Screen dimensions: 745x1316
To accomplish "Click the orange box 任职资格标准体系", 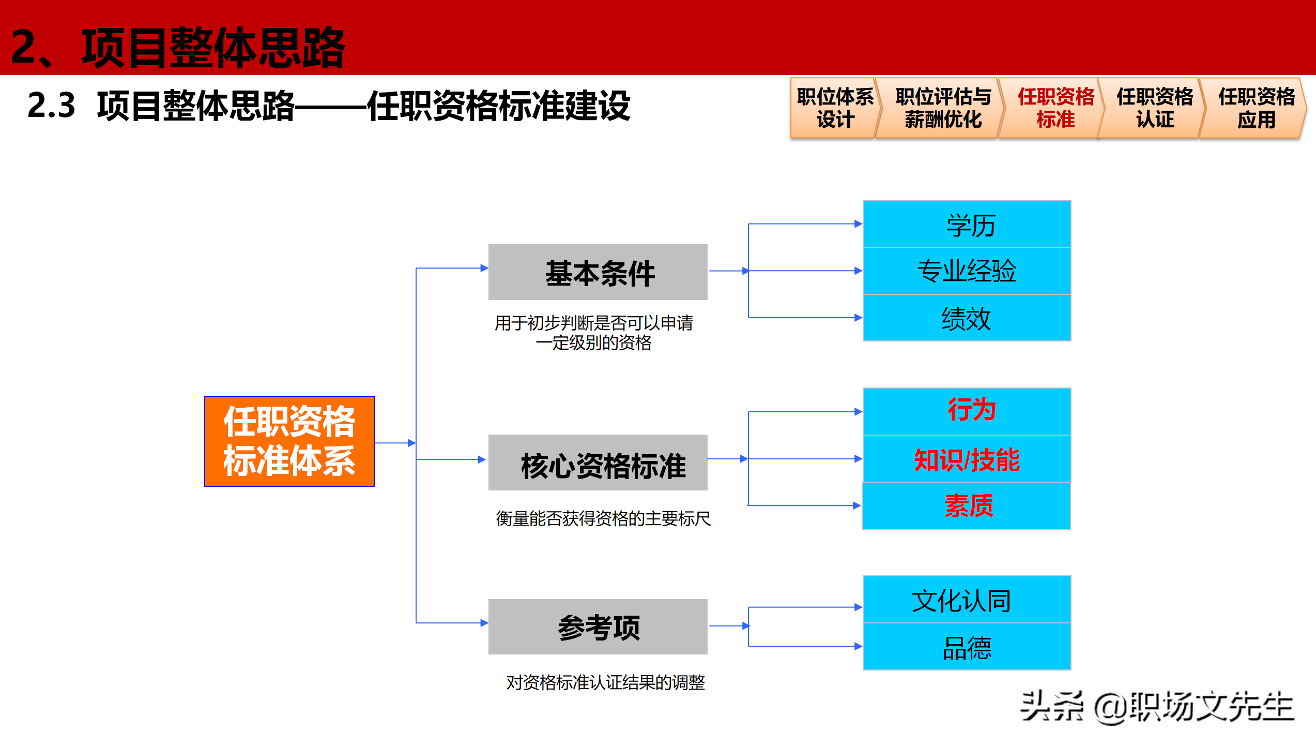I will click(289, 441).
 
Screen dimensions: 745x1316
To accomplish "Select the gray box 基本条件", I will click(598, 272).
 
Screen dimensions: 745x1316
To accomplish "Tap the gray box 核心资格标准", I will click(598, 463).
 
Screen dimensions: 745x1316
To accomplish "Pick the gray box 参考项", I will click(598, 627).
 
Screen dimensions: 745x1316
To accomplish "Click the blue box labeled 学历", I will click(967, 224).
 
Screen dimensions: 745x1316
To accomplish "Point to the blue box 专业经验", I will click(967, 271).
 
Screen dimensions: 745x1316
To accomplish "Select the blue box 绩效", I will click(967, 318).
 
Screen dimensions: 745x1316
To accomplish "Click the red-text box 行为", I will click(967, 411).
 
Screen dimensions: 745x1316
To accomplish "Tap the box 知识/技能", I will click(967, 459).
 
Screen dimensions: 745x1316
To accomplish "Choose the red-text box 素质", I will click(967, 505).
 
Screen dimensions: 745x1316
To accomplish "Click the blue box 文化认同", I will click(967, 600).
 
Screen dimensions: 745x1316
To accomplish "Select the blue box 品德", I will click(967, 647).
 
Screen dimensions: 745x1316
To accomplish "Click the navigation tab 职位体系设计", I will click(834, 108).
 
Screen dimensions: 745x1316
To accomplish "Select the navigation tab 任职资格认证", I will click(1154, 108).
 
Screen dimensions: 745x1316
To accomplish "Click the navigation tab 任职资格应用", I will click(1255, 108).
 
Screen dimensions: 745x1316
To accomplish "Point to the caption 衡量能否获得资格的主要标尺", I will click(603, 518).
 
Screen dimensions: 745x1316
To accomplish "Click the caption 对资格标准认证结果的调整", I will click(605, 682).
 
